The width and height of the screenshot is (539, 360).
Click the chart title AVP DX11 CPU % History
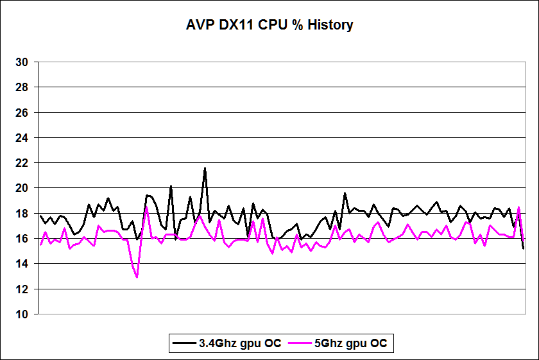269,26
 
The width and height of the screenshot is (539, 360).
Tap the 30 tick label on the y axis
22,62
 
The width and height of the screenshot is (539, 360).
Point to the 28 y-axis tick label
22,87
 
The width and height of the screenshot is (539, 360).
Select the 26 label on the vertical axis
22,113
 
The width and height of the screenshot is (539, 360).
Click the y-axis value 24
22,138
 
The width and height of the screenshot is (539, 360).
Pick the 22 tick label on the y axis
22,163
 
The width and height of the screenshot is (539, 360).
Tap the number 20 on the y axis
22,188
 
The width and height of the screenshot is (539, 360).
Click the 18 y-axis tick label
22,214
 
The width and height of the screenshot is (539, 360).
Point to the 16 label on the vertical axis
22,239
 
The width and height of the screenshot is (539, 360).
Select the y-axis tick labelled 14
22,264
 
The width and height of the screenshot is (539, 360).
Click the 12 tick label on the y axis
22,289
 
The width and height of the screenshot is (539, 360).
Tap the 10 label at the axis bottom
22,314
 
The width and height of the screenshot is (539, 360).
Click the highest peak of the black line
205,168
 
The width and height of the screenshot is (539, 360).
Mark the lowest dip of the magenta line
137,277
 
